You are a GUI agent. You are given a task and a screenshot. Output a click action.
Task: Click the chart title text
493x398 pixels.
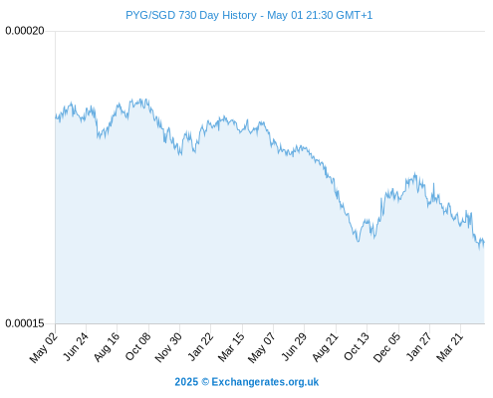click(x=249, y=15)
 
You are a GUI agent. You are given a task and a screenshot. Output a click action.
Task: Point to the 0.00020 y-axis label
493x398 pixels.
click(x=25, y=31)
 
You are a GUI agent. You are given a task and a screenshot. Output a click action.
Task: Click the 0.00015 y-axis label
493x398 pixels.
click(x=25, y=323)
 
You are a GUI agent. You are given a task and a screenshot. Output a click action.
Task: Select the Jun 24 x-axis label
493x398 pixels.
click(x=76, y=346)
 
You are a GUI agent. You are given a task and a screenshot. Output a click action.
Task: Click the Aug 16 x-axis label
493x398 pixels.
click(x=107, y=346)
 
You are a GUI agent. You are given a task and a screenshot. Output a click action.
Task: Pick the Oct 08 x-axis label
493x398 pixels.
click(x=137, y=346)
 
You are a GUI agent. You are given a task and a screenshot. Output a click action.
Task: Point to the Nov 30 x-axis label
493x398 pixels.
click(x=168, y=347)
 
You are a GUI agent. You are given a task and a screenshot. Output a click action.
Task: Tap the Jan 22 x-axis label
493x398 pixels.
click(x=200, y=346)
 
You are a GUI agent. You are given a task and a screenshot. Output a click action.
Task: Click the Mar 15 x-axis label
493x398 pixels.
click(x=231, y=346)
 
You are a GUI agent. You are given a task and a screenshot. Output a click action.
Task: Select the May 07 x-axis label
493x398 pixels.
click(x=262, y=347)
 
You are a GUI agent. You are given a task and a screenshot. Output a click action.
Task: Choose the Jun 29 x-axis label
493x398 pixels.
click(x=294, y=346)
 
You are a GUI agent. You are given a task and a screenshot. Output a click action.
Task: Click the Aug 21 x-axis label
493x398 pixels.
click(x=325, y=346)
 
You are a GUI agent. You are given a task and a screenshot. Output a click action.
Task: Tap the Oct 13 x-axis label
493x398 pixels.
click(x=357, y=346)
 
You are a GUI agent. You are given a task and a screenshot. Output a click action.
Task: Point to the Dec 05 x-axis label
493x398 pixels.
click(x=387, y=347)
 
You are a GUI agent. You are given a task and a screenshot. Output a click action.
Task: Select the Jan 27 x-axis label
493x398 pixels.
click(x=419, y=346)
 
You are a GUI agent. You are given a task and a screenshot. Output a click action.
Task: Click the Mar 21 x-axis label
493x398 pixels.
click(x=449, y=346)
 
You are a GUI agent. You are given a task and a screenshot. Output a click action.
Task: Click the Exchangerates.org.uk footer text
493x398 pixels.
click(x=265, y=382)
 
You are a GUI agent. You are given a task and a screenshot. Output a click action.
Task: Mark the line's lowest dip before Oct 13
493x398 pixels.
click(x=358, y=241)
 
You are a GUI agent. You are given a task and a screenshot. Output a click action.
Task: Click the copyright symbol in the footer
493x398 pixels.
click(x=205, y=382)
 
